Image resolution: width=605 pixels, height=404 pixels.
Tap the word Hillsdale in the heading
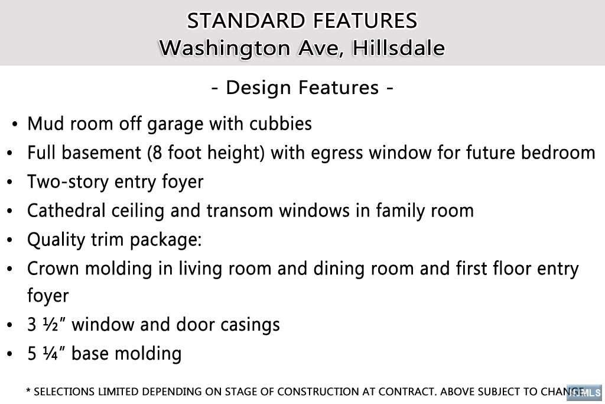click(398, 48)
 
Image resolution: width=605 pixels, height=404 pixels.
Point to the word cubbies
click(281, 124)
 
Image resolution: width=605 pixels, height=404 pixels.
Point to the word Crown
click(53, 269)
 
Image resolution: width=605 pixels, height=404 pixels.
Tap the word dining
click(339, 269)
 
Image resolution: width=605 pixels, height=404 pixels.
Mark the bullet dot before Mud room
click(15, 124)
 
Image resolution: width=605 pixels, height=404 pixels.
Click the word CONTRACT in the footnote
click(406, 392)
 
